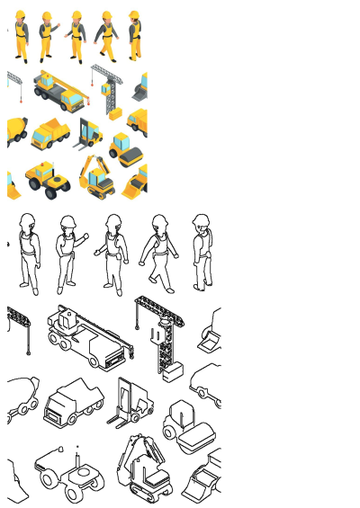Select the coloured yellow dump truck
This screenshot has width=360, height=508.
point(49,134)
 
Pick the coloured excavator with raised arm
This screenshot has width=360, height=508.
point(96,175)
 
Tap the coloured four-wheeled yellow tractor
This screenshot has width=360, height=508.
point(47,178)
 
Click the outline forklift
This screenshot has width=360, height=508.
point(129,402)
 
